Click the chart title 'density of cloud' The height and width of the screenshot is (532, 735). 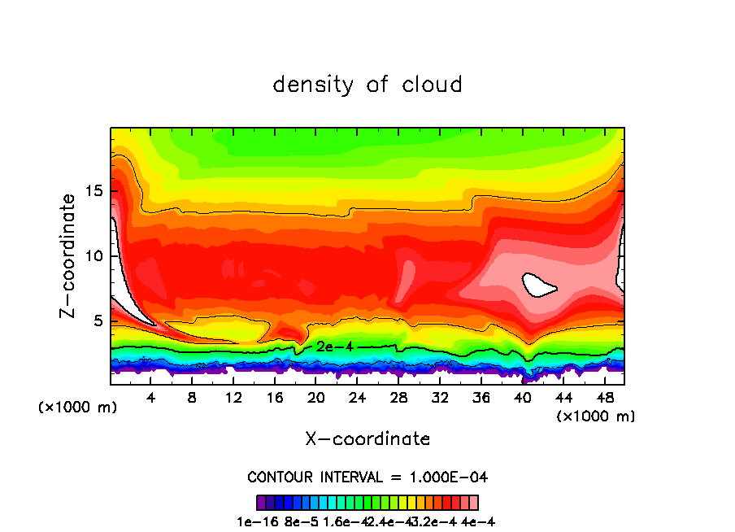pyautogui.click(x=367, y=85)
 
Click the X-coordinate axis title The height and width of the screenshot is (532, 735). pyautogui.click(x=367, y=439)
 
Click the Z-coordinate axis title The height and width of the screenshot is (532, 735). pyautogui.click(x=69, y=255)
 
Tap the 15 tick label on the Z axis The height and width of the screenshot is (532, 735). pyautogui.click(x=94, y=191)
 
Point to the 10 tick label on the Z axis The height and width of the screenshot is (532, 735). pyautogui.click(x=94, y=256)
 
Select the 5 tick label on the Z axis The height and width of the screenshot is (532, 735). pyautogui.click(x=98, y=321)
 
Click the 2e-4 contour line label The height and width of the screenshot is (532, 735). pyautogui.click(x=334, y=347)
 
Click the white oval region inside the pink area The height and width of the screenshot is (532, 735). pyautogui.click(x=538, y=285)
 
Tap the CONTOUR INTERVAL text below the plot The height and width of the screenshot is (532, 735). pyautogui.click(x=367, y=477)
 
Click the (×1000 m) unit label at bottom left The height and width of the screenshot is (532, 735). pyautogui.click(x=78, y=408)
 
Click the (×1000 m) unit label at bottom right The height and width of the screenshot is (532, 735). pyautogui.click(x=595, y=416)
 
